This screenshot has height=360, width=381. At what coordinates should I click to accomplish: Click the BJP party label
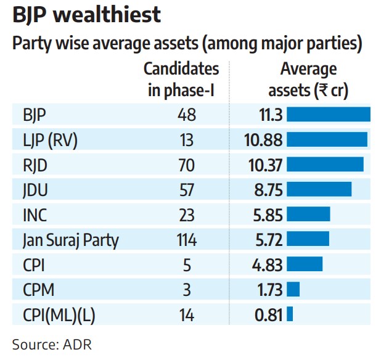(x=35, y=115)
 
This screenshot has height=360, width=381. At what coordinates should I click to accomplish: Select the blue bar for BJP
(x=329, y=114)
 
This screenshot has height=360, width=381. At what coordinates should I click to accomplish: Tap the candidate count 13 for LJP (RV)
(x=187, y=140)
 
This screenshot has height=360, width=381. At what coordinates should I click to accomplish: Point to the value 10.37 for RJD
(x=265, y=165)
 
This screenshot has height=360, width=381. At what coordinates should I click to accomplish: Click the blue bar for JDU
(x=319, y=189)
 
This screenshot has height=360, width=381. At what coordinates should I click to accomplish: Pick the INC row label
(x=35, y=215)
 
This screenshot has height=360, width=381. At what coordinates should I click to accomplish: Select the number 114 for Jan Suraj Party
(x=187, y=240)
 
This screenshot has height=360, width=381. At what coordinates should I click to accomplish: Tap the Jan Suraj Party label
(x=71, y=240)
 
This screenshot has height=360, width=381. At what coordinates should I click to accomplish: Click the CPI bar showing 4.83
(x=305, y=264)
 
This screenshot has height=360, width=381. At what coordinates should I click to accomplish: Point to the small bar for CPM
(x=293, y=289)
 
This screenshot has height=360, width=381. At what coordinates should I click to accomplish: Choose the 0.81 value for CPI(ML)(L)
(x=269, y=315)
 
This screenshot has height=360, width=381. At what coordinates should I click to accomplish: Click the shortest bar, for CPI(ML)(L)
(x=290, y=314)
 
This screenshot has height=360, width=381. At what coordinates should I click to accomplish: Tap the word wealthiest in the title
(x=107, y=15)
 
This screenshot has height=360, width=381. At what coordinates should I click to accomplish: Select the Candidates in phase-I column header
(x=181, y=80)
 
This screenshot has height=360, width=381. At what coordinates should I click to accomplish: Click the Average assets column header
(x=308, y=80)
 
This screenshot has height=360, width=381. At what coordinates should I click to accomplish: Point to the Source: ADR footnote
(x=52, y=345)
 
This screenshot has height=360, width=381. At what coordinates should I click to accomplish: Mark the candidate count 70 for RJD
(x=187, y=165)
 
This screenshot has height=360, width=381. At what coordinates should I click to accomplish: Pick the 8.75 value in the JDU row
(x=269, y=190)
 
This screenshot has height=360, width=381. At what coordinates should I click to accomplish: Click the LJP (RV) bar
(x=327, y=139)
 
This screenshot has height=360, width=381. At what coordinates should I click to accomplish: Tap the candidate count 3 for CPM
(x=187, y=290)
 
